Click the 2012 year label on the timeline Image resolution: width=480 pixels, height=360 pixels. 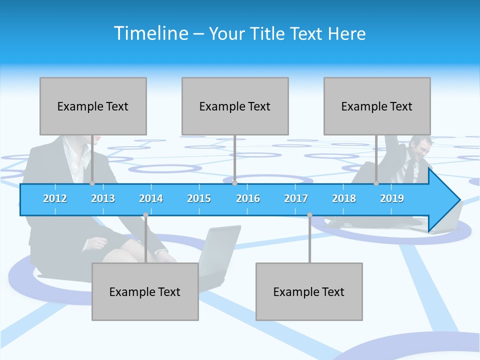click(x=55, y=198)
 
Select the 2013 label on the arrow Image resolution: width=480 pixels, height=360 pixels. click(x=103, y=198)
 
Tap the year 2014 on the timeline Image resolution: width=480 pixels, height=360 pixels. click(x=151, y=198)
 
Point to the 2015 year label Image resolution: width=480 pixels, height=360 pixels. click(x=199, y=198)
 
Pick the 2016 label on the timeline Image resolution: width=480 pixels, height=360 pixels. click(x=248, y=198)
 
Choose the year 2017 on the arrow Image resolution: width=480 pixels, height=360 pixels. click(x=296, y=198)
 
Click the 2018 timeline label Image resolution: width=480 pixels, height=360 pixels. click(x=344, y=198)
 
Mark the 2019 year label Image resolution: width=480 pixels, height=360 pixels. click(x=392, y=198)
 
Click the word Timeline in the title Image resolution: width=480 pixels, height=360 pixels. click(x=150, y=33)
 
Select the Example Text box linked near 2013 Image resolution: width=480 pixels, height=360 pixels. click(x=93, y=106)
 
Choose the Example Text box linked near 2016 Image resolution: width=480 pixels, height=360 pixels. click(x=235, y=106)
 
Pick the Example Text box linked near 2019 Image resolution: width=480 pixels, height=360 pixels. click(x=377, y=106)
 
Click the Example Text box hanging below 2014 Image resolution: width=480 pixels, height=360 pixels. click(x=145, y=291)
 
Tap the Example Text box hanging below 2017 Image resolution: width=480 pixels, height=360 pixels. click(x=309, y=291)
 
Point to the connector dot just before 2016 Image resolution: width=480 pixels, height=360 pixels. click(x=234, y=183)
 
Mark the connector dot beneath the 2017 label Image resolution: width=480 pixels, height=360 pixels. click(x=309, y=215)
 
